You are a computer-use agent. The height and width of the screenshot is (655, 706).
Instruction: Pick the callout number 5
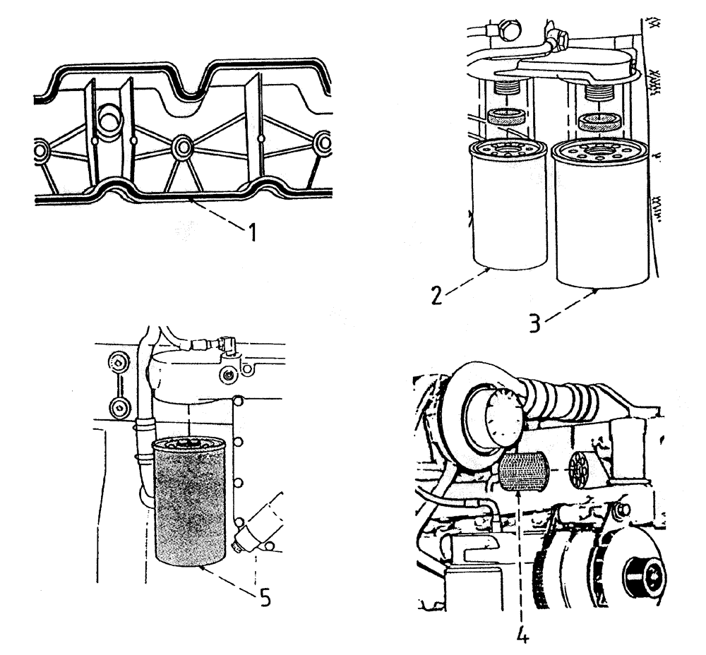pos(263,596)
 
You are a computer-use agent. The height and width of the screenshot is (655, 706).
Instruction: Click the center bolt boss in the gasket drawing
pos(183,147)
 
